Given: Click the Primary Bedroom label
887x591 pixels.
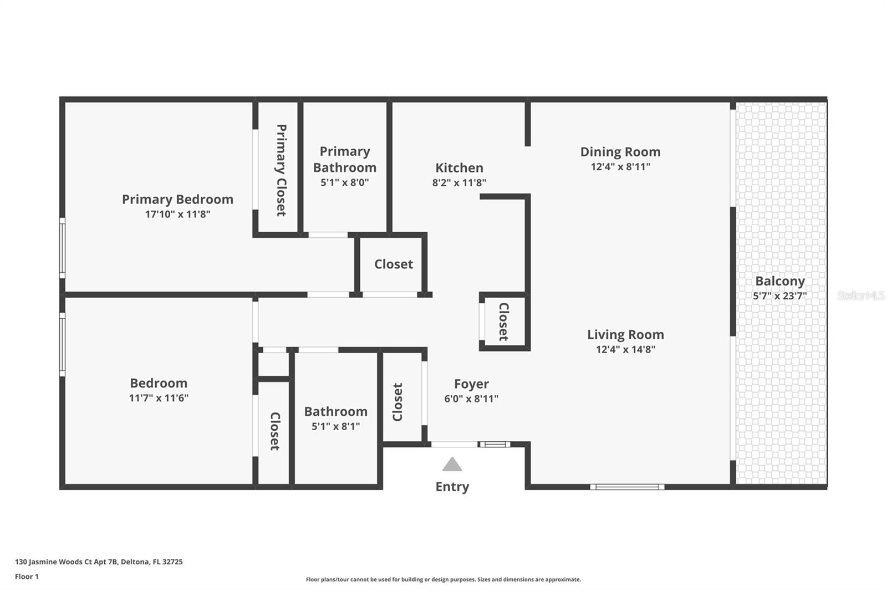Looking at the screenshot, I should (177, 200).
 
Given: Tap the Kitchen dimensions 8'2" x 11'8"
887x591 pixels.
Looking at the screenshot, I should (459, 182).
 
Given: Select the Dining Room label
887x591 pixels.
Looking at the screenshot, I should (620, 152).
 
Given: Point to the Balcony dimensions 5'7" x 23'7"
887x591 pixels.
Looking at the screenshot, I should (779, 296).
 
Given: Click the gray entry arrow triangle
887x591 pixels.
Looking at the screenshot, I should (452, 465).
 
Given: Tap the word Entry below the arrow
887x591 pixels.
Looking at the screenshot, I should (452, 487).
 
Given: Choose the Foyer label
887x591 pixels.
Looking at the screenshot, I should (471, 384).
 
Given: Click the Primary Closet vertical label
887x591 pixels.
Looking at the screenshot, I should (281, 170).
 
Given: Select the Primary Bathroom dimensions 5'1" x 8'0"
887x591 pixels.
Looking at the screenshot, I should (344, 182).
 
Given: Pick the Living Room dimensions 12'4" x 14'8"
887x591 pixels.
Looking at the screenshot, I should (625, 349).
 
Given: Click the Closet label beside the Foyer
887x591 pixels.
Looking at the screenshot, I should (397, 402).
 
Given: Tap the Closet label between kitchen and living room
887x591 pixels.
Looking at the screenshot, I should (503, 322).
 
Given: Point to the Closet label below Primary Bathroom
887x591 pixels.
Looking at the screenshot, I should (393, 264).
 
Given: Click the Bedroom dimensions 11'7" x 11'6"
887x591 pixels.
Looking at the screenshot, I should (159, 398).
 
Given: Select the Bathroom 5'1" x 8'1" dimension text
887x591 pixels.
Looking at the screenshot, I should (335, 426).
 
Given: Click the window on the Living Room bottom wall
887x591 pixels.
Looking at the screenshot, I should (627, 487).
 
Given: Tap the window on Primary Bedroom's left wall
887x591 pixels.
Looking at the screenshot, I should (62, 248).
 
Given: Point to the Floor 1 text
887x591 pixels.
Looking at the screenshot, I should (27, 577).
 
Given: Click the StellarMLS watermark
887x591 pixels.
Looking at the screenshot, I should (860, 295).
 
